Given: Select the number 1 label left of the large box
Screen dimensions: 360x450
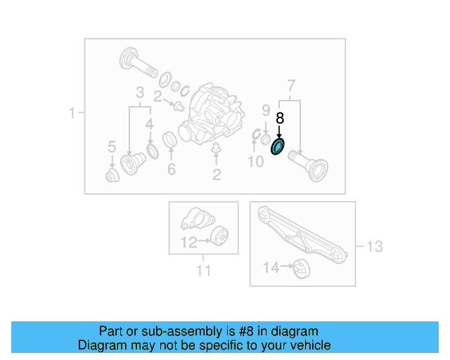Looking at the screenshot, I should [x=72, y=112].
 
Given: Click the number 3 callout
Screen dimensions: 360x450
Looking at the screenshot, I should [x=140, y=93].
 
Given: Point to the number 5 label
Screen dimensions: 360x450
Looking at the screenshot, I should [x=111, y=147].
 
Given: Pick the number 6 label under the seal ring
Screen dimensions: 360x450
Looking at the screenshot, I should [x=170, y=169].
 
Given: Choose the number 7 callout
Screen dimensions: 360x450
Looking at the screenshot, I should [x=291, y=86].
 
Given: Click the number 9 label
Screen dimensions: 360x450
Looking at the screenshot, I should [x=266, y=110].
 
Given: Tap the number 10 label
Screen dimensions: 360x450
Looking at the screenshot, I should [x=254, y=163].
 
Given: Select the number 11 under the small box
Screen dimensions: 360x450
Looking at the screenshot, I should [x=203, y=269].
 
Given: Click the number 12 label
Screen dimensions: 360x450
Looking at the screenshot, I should [x=188, y=243].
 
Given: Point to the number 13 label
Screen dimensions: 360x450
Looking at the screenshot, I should [x=375, y=246].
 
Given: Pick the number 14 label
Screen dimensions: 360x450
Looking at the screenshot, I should [x=271, y=267].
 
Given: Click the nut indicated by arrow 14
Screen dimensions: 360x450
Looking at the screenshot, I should [x=301, y=269].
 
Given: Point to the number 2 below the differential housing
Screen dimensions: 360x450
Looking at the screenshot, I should [x=217, y=175].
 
